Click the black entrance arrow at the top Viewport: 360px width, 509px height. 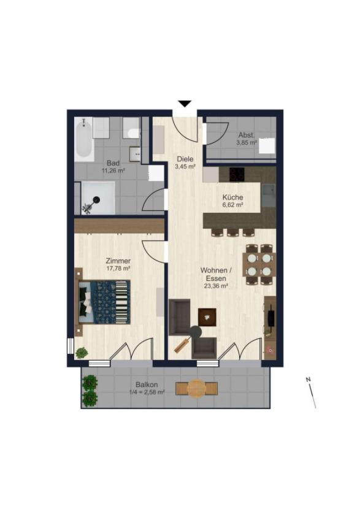click(x=185, y=104)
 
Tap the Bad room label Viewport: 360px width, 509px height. click(x=113, y=163)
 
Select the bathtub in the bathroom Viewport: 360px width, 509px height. click(x=84, y=139)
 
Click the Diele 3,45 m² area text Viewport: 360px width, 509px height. click(x=185, y=167)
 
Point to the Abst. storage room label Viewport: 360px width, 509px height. click(x=247, y=135)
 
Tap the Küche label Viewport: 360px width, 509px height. click(x=232, y=197)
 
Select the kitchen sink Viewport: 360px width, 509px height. click(x=269, y=196)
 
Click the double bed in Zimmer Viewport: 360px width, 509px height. click(x=104, y=302)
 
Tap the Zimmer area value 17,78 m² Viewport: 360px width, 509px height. click(x=118, y=269)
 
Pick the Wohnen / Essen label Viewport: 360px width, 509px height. click(x=216, y=274)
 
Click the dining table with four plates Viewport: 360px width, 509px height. click(x=259, y=264)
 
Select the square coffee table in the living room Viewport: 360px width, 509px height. click(x=207, y=317)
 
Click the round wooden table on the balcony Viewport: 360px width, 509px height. click(x=196, y=388)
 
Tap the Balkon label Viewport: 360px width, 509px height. click(x=147, y=385)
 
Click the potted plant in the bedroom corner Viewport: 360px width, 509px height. click(x=82, y=353)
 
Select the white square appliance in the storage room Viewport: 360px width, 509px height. click(x=267, y=146)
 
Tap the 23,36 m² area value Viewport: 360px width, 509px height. click(x=215, y=286)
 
